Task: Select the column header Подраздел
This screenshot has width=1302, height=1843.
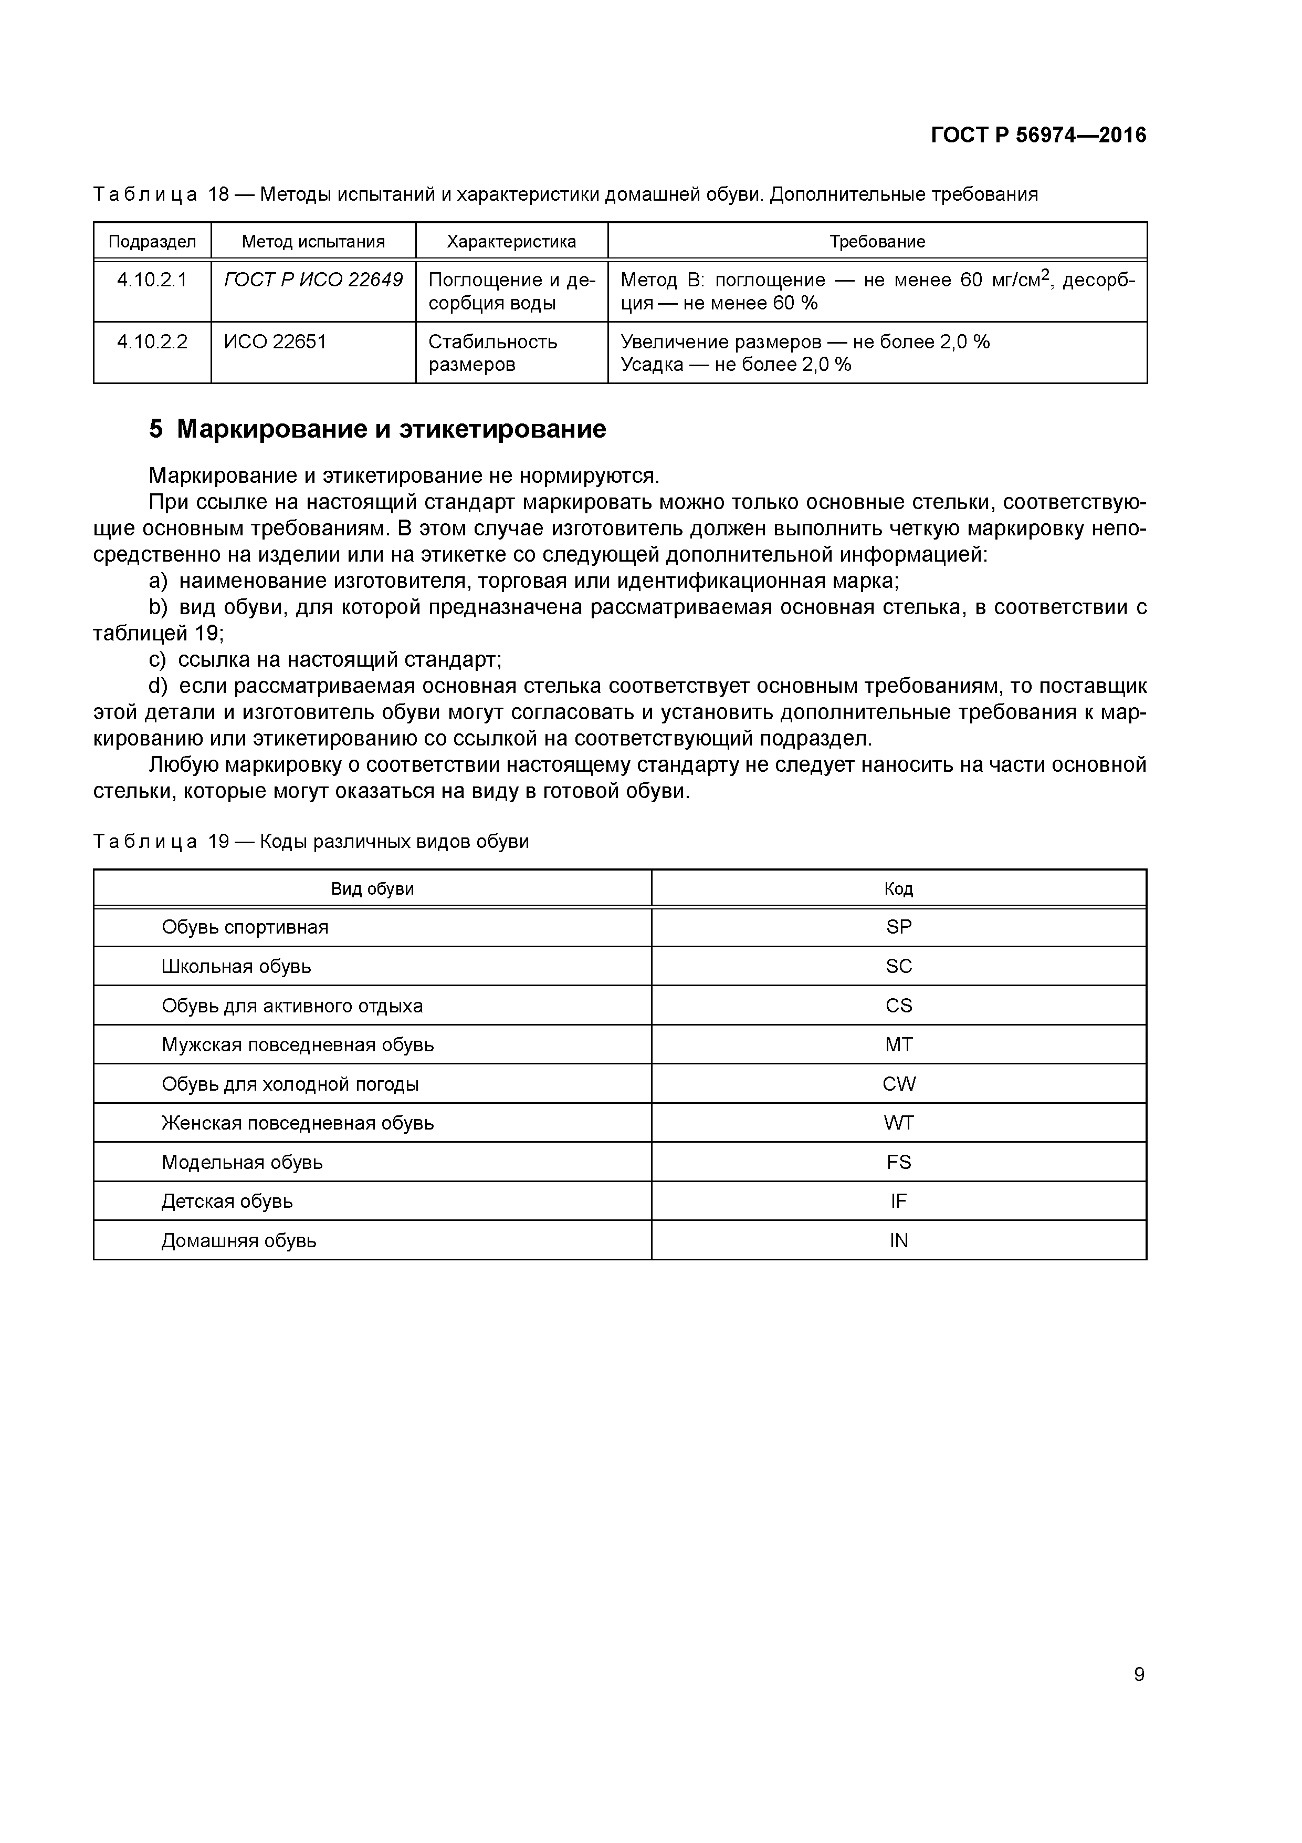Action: pyautogui.click(x=152, y=242)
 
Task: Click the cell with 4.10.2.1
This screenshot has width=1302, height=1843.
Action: pyautogui.click(x=152, y=280)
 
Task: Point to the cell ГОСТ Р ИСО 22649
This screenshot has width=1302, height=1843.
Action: pyautogui.click(x=313, y=280)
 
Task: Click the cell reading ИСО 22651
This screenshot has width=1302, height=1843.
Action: pyautogui.click(x=275, y=342)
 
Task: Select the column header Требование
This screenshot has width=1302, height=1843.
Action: pyautogui.click(x=877, y=242)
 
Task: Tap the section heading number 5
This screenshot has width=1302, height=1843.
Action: pyautogui.click(x=155, y=429)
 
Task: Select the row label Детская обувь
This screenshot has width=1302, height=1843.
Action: pyautogui.click(x=227, y=1202)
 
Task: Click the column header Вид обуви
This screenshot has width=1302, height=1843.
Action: pyautogui.click(x=372, y=888)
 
